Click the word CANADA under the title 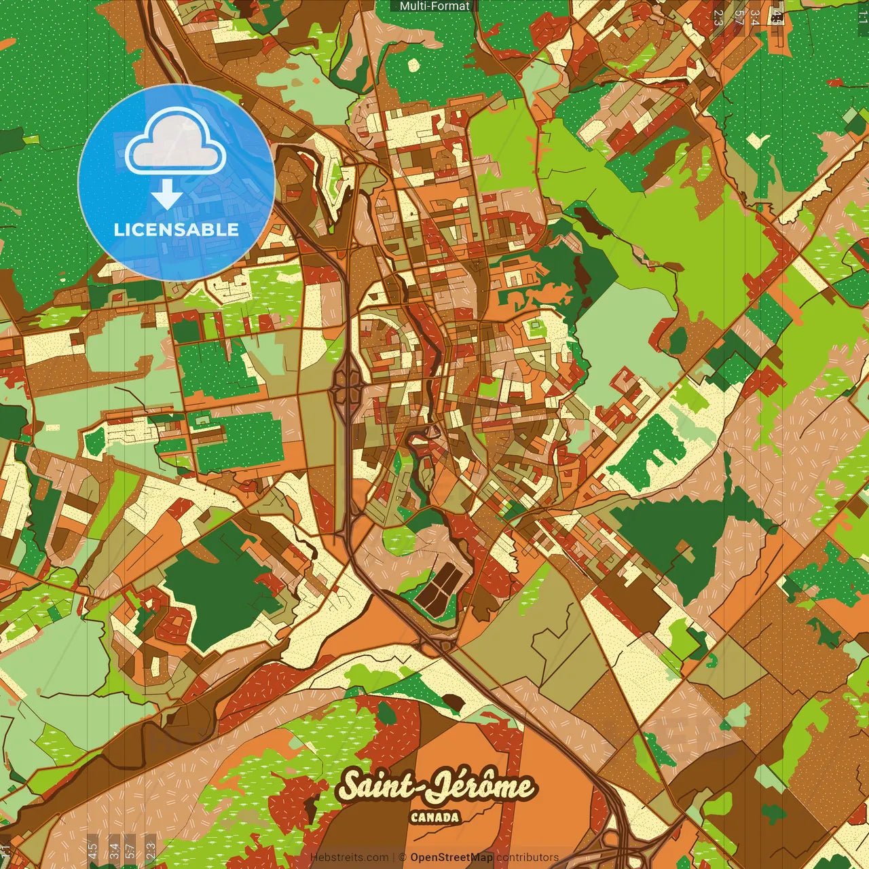pos(434,817)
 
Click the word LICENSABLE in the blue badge pos(177,229)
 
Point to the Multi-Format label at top pos(434,6)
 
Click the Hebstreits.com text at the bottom pos(350,857)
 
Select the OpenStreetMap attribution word pos(451,857)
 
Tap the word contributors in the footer pos(528,857)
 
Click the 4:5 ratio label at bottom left pos(92,850)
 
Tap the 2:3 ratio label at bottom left pos(151,850)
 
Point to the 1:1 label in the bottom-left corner pos(6,851)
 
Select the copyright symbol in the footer pos(402,857)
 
